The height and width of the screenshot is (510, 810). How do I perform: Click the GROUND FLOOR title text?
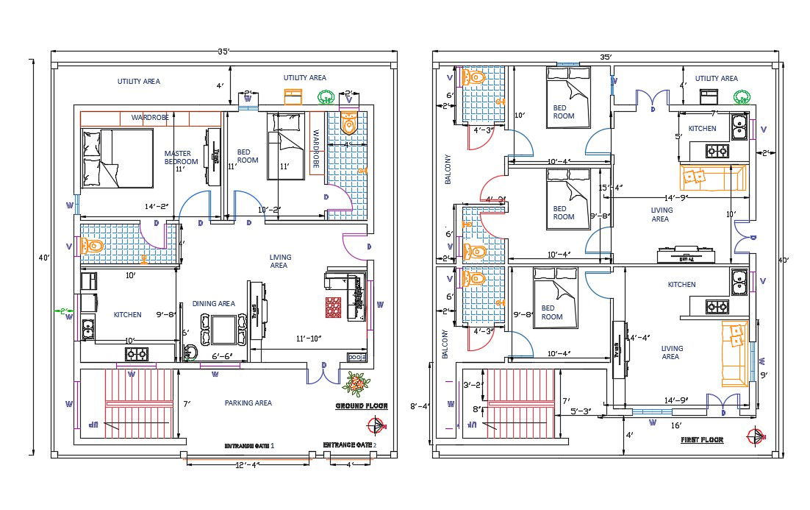pyautogui.click(x=362, y=406)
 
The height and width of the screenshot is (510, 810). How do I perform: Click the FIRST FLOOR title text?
pyautogui.click(x=702, y=440)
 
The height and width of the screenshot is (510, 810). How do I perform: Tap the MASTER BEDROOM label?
pyautogui.click(x=181, y=157)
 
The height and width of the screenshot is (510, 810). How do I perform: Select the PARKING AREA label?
pyautogui.click(x=248, y=403)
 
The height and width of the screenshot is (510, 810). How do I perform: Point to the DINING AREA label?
pyautogui.click(x=213, y=303)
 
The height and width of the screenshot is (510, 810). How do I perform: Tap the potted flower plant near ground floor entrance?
pyautogui.click(x=356, y=383)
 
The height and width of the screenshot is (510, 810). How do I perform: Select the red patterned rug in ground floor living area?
pyautogui.click(x=334, y=308)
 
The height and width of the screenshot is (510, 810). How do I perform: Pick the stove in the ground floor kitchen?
pyautogui.click(x=136, y=354)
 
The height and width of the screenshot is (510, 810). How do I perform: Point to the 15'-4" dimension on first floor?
pyautogui.click(x=609, y=187)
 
